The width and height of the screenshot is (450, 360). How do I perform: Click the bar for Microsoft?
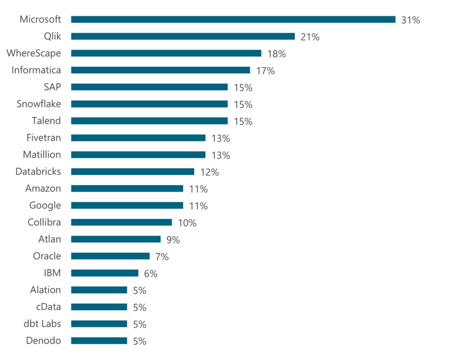click(233, 19)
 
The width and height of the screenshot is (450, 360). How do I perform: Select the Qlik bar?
click(182, 36)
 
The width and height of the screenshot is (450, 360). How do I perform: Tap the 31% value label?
click(410, 20)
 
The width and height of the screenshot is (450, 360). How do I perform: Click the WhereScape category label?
click(34, 53)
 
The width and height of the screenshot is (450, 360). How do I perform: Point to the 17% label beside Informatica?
click(265, 71)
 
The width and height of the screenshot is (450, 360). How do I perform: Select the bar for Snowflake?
click(149, 104)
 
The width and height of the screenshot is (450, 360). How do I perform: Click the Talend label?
click(46, 121)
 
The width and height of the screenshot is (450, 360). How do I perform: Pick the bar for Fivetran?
click(138, 138)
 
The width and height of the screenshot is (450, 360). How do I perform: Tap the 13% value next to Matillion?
click(221, 155)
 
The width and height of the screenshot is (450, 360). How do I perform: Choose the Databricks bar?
click(132, 171)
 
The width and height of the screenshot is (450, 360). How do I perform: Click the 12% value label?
click(209, 172)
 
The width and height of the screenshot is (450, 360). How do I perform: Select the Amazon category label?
click(43, 189)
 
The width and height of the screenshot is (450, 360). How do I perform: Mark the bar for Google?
click(127, 205)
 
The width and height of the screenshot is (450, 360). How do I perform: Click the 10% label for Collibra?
click(187, 223)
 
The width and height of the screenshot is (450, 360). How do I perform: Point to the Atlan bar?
click(116, 239)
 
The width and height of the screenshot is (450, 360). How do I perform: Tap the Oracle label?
click(47, 256)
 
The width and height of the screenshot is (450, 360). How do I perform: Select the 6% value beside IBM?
click(151, 274)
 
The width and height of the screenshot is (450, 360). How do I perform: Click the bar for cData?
click(99, 307)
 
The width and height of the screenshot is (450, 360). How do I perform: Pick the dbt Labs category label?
click(42, 324)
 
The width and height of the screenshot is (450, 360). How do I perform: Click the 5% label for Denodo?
click(139, 341)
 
